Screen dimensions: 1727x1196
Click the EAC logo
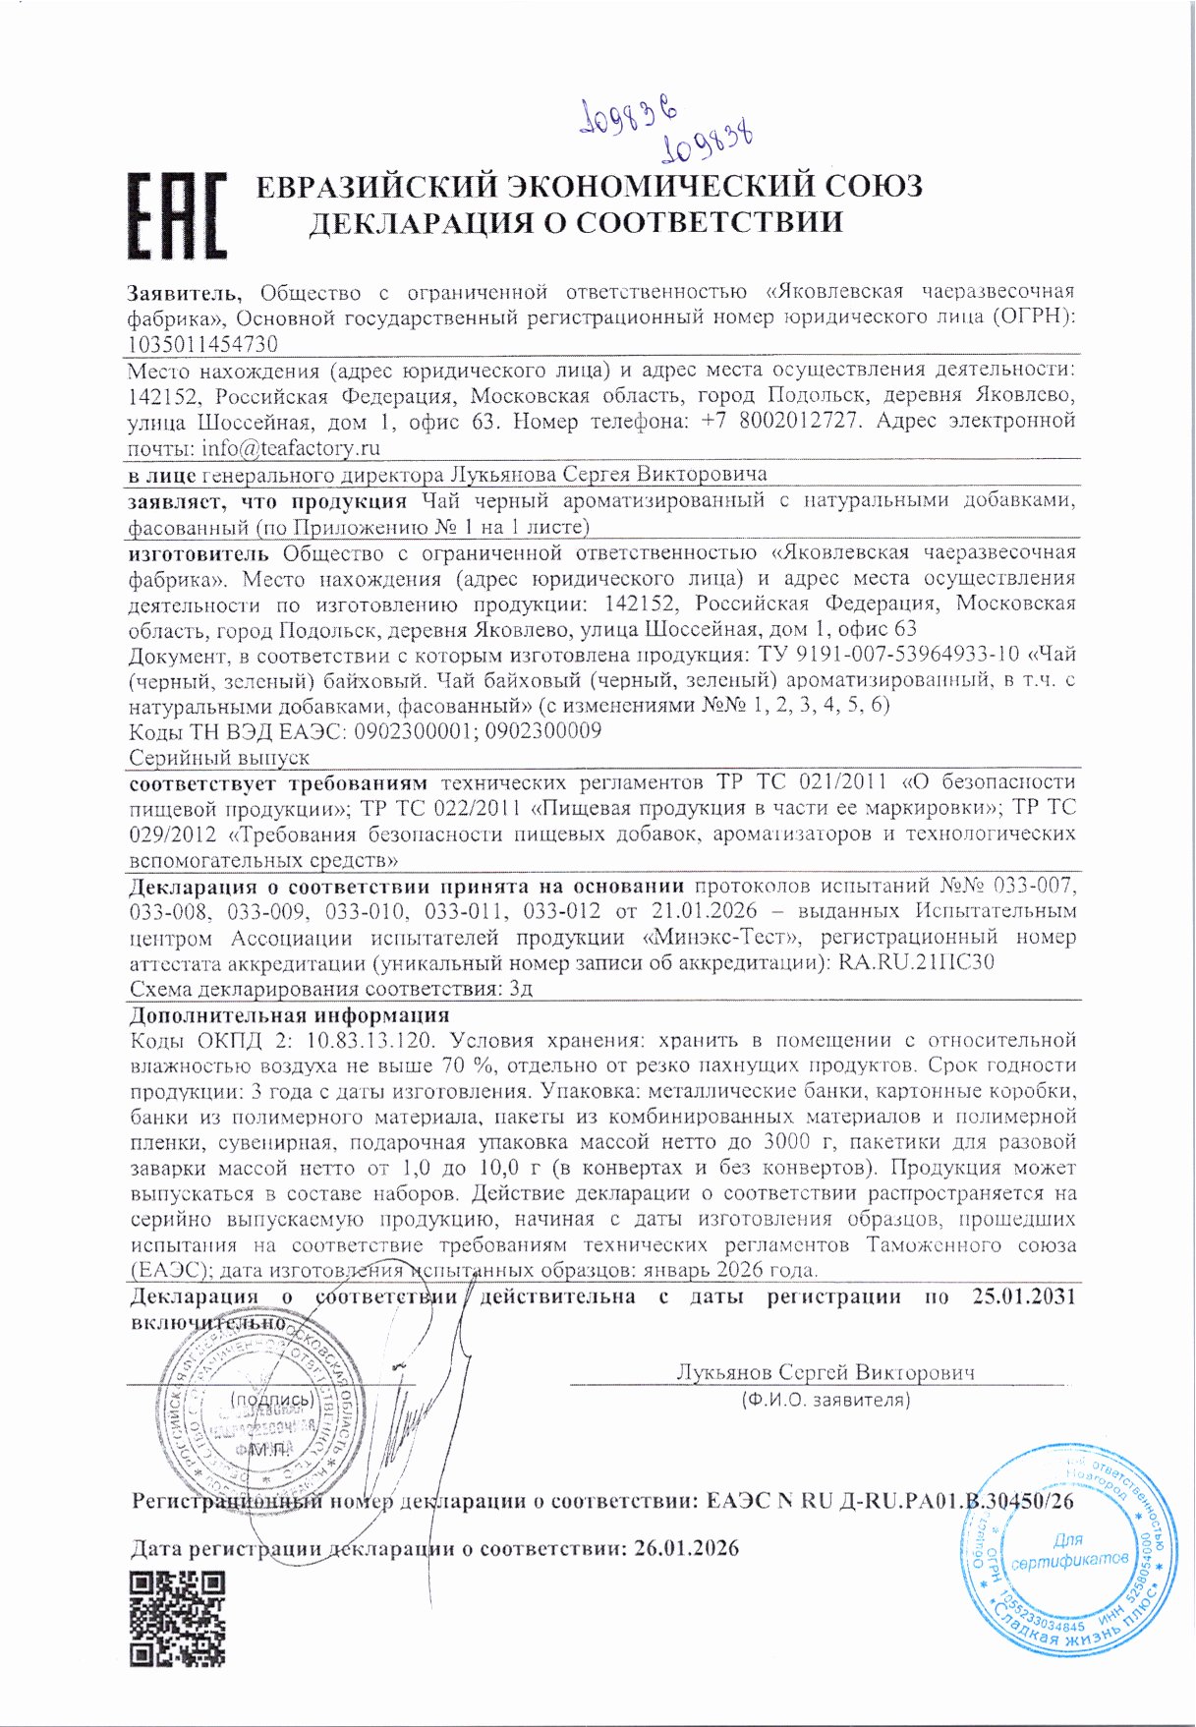point(177,216)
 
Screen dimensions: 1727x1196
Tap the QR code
point(178,1618)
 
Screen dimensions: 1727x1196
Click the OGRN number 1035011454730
point(202,344)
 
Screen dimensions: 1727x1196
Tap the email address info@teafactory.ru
point(291,448)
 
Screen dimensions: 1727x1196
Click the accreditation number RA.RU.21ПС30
point(916,962)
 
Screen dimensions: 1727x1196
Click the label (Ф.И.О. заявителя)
point(826,1399)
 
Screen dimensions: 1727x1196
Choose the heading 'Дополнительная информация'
point(290,1014)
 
